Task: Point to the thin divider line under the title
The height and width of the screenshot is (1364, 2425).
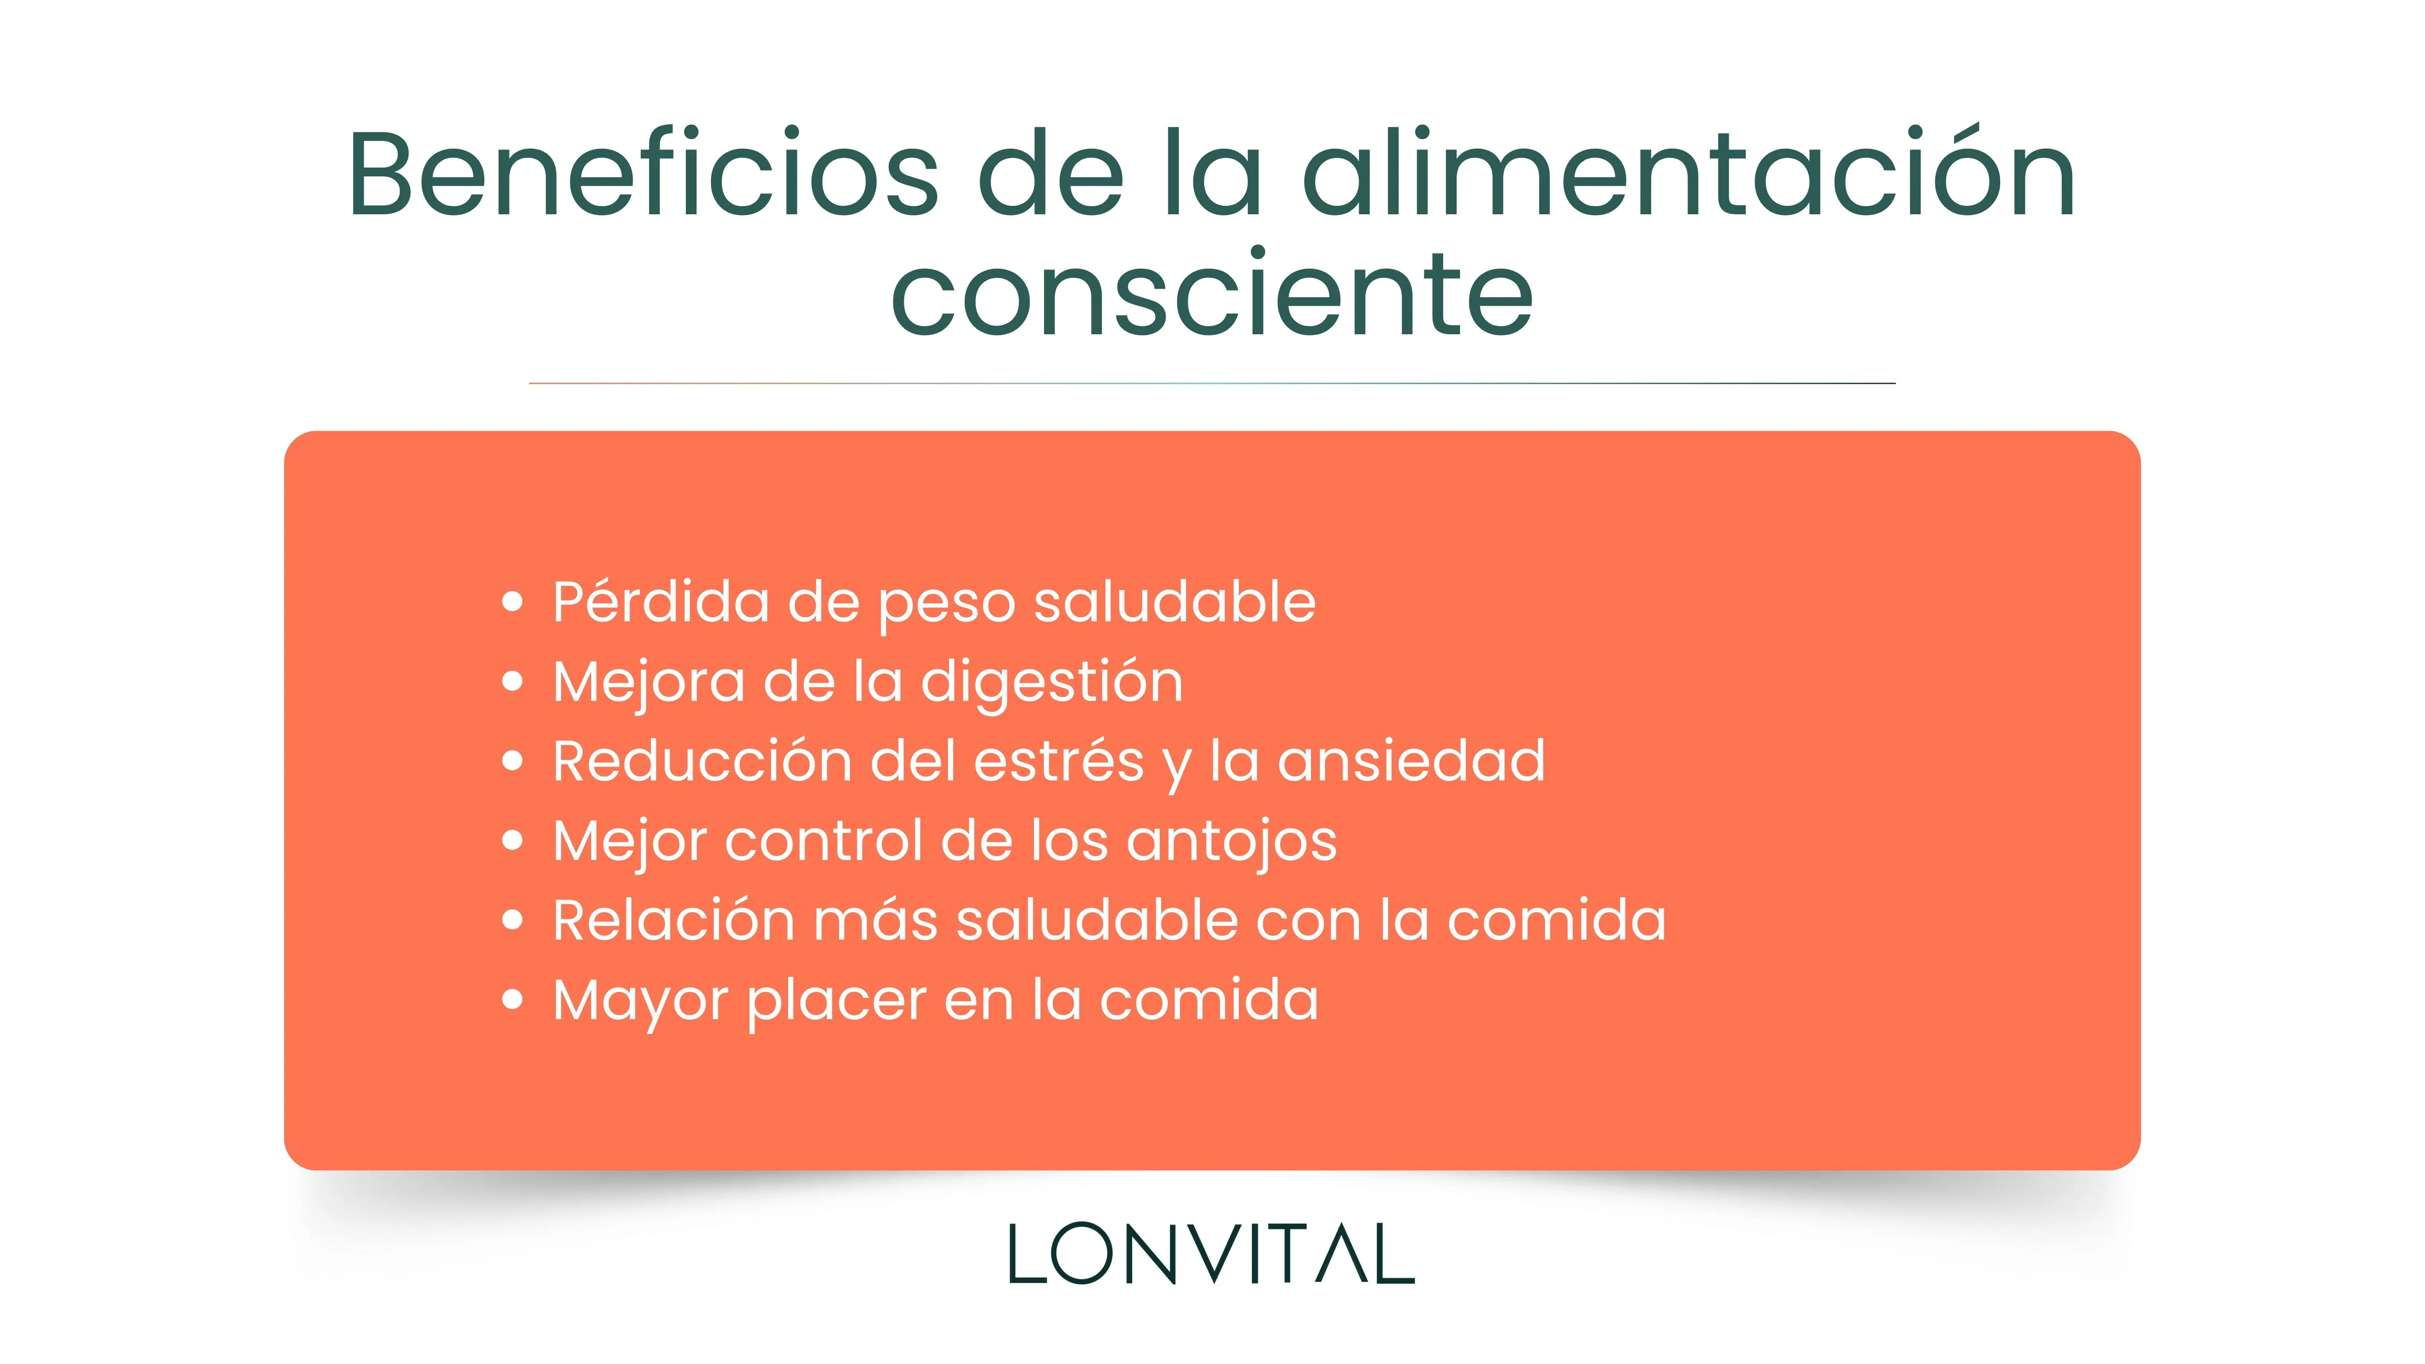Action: click(1212, 383)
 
